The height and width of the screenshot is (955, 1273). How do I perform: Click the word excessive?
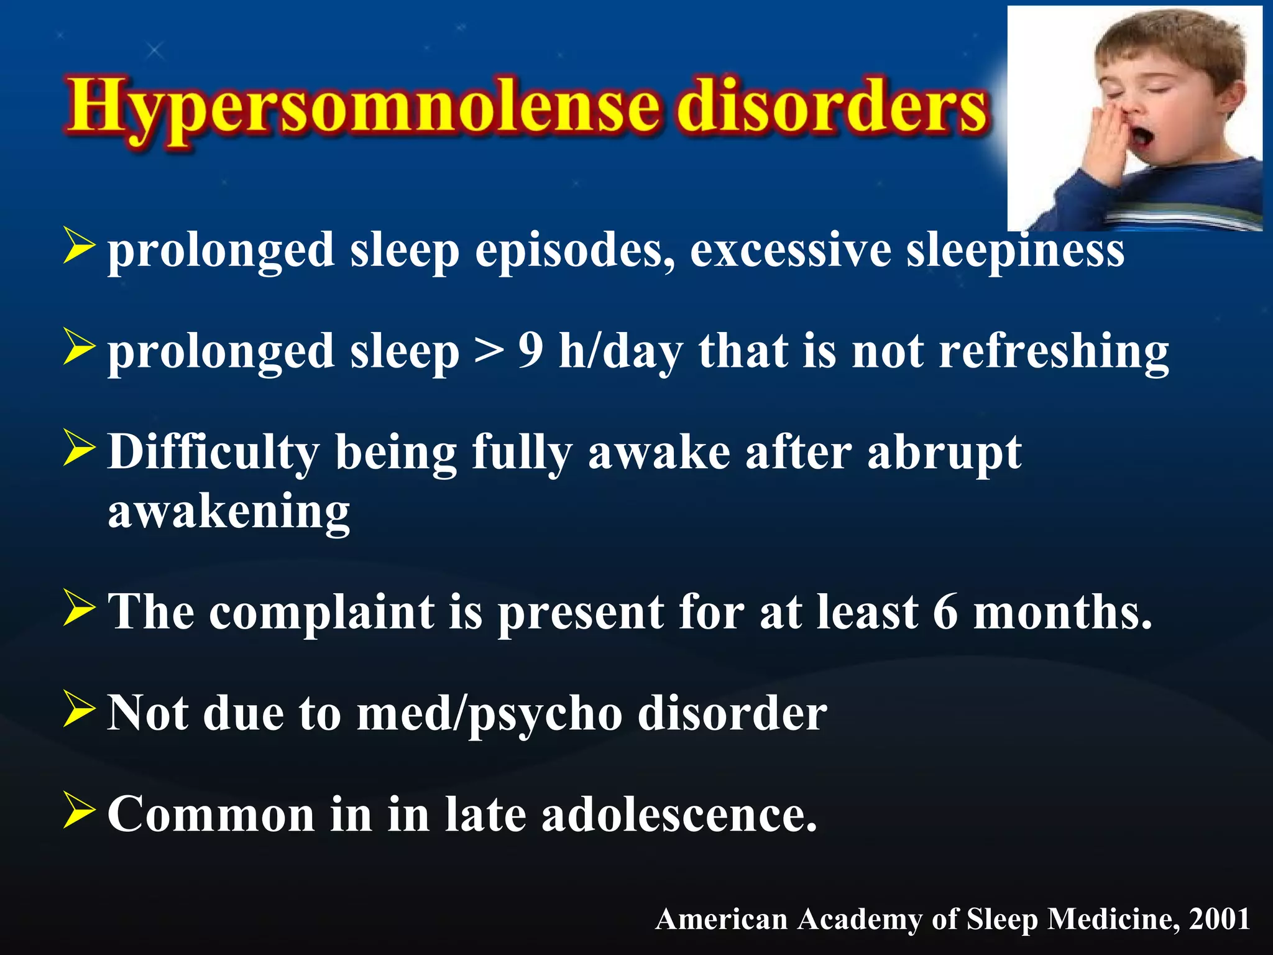[x=790, y=251]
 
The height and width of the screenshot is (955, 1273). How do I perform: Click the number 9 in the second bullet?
[x=531, y=351]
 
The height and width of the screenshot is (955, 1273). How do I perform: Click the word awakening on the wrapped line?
[x=229, y=512]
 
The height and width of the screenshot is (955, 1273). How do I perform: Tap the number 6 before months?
[x=945, y=612]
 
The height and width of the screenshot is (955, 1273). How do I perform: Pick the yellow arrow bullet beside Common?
[x=79, y=811]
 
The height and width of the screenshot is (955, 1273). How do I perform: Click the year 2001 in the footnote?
[x=1219, y=919]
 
